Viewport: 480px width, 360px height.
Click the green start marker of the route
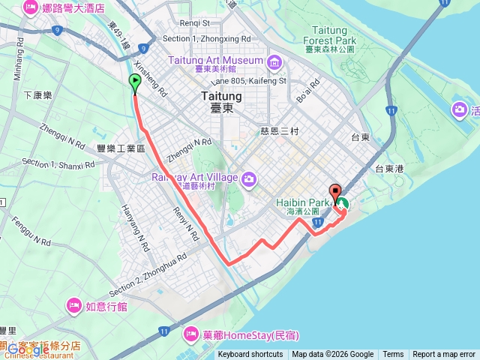[x=135, y=83]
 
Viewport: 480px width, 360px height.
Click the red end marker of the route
[x=334, y=191]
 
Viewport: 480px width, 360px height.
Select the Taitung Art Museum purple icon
[x=274, y=60]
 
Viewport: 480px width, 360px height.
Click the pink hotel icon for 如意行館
[x=73, y=305]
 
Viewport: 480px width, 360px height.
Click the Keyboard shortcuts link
[x=250, y=355]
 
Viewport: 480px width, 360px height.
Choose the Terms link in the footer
[x=393, y=355]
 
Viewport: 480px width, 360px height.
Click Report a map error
[x=444, y=355]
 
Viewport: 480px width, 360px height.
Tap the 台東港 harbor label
[x=390, y=169]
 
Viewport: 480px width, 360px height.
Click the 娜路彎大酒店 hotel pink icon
[x=31, y=9]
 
